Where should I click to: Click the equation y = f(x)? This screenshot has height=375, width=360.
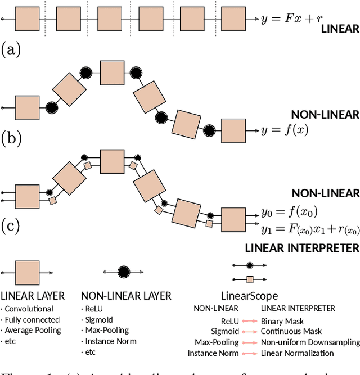pos(285,131)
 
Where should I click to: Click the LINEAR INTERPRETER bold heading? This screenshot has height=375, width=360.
pos(302,248)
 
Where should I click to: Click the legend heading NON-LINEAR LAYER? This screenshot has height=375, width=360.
pos(126,296)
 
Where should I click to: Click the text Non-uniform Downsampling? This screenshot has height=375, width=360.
pos(310,342)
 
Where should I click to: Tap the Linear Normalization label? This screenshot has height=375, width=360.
pos(297,353)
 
